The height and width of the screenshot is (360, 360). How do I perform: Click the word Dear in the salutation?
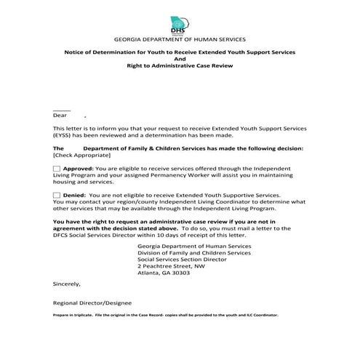60,115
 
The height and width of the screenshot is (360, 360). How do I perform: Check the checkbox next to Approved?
57,168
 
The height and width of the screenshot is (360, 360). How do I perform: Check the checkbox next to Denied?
57,196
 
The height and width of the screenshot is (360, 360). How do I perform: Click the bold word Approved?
79,168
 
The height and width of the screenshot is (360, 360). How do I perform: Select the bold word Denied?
75,196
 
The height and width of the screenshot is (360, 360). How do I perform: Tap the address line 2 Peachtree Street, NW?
172,265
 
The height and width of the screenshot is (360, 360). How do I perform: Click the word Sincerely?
66,284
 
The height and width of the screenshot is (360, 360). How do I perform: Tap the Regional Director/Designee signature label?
92,303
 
